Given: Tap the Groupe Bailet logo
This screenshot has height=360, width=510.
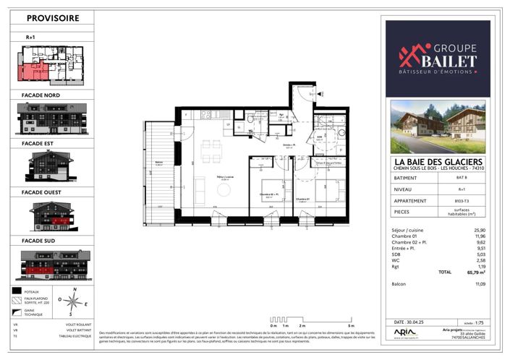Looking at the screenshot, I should pos(437,58).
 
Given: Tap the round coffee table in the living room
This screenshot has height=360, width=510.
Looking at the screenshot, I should pos(224,189).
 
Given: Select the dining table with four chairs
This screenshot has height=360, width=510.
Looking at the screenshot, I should pos(211,153).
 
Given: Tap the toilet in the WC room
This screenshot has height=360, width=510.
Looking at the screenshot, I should pos(250,119).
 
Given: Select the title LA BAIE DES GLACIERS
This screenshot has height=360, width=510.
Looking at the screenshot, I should pos(437,160).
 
